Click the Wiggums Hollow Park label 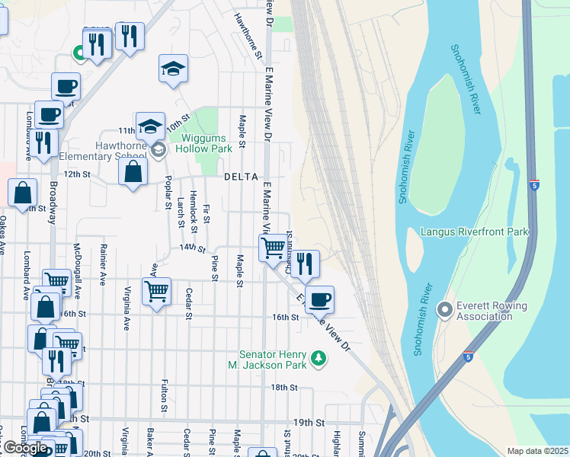coord(207,143)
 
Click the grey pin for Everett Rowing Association coord(444,311)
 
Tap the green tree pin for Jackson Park coord(320,357)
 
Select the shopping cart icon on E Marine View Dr coord(273,248)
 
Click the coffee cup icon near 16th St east coord(321,299)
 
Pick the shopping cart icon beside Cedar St coord(156,290)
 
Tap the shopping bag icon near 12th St coord(133,171)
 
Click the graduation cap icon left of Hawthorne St coord(174,68)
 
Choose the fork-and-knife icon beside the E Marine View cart coord(306,264)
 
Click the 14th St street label coord(193,248)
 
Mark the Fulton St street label coord(164,396)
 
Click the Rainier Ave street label coord(101,260)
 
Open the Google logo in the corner coord(25,448)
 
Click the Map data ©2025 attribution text coord(537,451)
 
